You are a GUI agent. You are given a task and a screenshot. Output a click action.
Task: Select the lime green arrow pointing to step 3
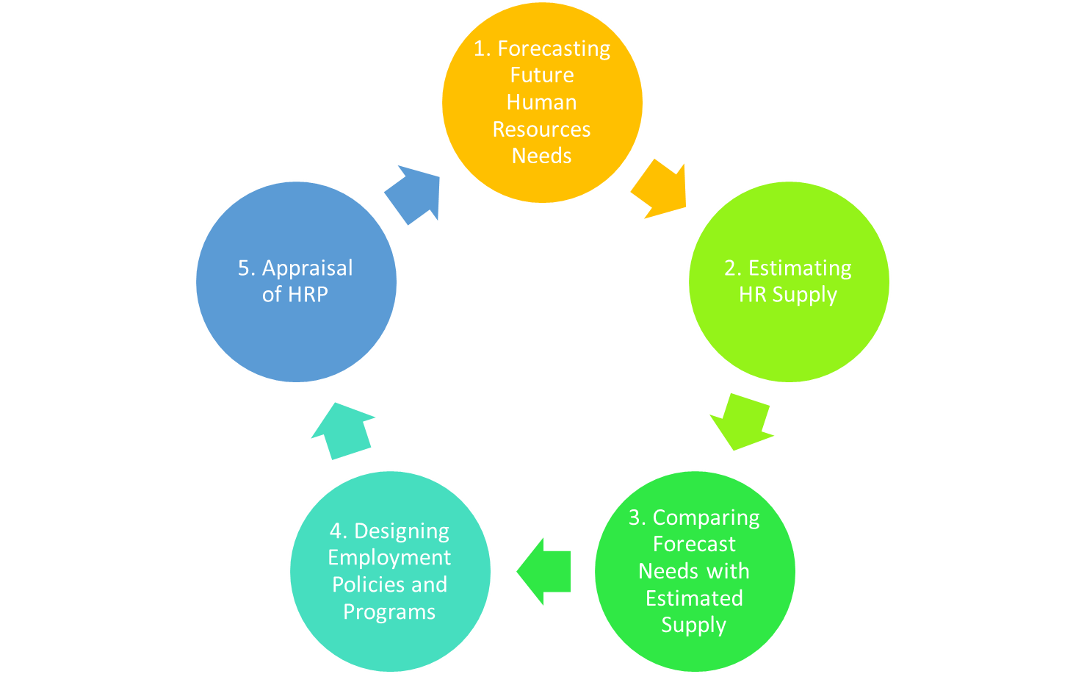click(740, 421)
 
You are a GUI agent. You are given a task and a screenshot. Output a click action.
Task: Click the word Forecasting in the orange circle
click(554, 49)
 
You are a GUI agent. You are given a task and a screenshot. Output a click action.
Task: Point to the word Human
click(542, 102)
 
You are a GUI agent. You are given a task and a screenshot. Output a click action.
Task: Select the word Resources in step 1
click(541, 129)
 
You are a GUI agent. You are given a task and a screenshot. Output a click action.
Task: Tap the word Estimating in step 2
click(800, 268)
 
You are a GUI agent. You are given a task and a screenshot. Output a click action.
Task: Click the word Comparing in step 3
click(706, 518)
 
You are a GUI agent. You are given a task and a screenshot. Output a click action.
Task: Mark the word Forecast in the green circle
click(694, 545)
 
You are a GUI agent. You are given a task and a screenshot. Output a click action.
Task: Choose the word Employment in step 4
click(389, 558)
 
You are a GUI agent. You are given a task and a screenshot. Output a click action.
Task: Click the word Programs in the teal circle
click(389, 612)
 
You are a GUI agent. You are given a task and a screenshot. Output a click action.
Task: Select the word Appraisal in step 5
click(307, 268)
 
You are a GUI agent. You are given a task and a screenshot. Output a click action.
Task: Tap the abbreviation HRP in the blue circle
click(308, 295)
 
